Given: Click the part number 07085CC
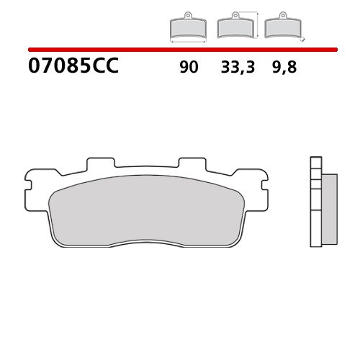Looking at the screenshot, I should tap(73, 68).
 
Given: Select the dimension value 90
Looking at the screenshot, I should tap(189, 68).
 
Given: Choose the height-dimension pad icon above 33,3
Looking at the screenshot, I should tap(234, 28).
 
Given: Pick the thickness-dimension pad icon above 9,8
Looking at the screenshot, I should tap(282, 28).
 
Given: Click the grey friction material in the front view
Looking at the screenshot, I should tap(148, 209).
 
